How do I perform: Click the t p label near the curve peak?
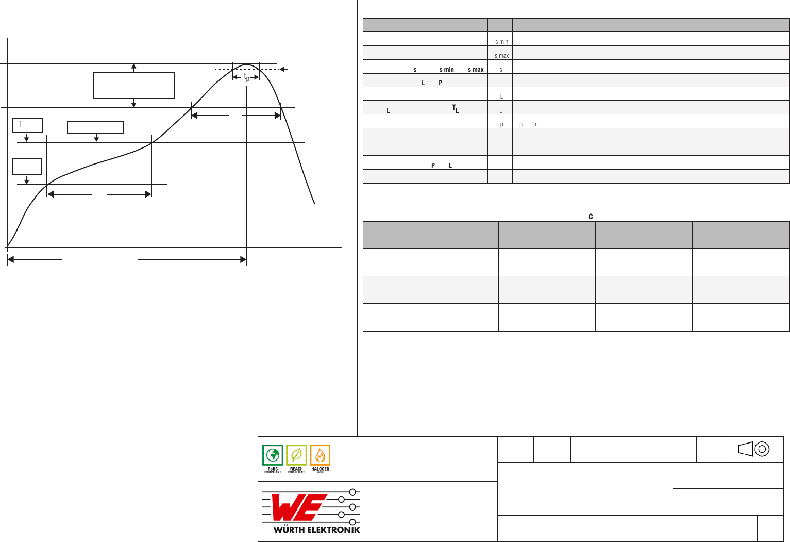point(247,77)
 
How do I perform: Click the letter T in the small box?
point(21,124)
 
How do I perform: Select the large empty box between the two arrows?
point(133,86)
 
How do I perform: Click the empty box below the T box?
point(27,167)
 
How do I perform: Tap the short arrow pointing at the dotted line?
point(283,69)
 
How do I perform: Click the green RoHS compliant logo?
point(273,458)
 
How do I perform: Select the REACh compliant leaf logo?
point(296,458)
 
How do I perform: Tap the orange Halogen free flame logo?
point(320,458)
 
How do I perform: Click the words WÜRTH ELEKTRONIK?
point(316,530)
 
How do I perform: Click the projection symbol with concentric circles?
point(762,449)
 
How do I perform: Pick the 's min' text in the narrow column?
point(501,42)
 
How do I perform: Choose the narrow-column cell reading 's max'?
point(501,56)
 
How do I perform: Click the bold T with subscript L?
point(455,108)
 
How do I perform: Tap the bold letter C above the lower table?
point(591,217)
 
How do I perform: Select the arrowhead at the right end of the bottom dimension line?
point(243,259)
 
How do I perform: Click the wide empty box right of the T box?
point(95,127)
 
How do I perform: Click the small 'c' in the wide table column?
point(536,125)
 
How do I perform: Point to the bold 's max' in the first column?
point(476,70)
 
